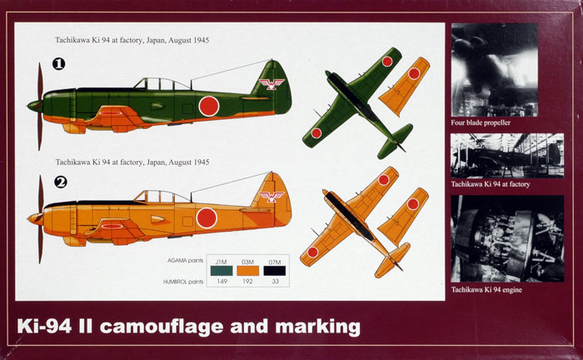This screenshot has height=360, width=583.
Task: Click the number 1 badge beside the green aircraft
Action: click(x=59, y=64)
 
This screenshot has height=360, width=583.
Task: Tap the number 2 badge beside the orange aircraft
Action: click(x=60, y=182)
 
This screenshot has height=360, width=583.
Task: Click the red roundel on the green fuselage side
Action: click(x=209, y=106)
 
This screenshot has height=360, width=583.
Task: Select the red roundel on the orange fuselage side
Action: click(x=207, y=218)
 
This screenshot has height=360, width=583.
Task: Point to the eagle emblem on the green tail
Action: click(x=272, y=84)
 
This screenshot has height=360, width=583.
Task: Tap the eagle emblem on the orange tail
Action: click(x=272, y=197)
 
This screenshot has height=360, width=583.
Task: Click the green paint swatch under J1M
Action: click(x=222, y=271)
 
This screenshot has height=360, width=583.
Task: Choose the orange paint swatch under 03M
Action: click(x=247, y=271)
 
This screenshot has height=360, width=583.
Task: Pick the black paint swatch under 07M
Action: click(x=275, y=271)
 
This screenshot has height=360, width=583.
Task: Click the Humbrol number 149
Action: click(x=222, y=282)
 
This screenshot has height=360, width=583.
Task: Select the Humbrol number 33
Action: click(x=275, y=282)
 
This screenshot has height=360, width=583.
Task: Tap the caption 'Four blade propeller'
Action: click(x=481, y=122)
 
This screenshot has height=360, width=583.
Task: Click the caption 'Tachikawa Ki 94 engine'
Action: click(x=486, y=290)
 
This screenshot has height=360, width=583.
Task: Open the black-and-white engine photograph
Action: click(x=507, y=238)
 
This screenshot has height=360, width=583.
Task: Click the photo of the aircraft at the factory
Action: click(x=507, y=156)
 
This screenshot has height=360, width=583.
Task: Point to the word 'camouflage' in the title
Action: click(x=162, y=327)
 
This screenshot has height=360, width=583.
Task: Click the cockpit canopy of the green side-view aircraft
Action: click(x=162, y=84)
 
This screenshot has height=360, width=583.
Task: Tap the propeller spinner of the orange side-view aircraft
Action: click(x=35, y=218)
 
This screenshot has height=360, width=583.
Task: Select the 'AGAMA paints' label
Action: click(x=185, y=260)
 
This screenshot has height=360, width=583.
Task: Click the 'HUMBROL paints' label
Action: click(x=183, y=282)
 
